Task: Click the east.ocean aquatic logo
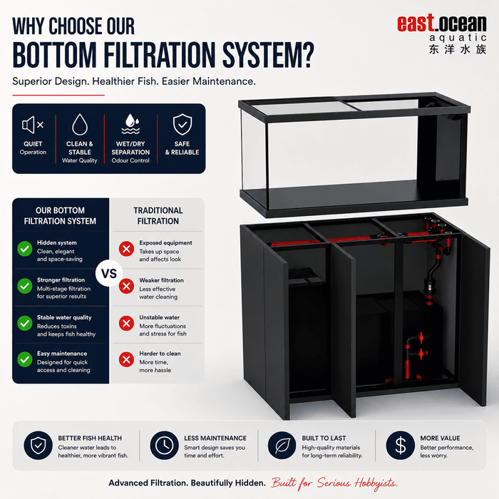tap(442, 34)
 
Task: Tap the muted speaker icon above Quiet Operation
tap(33, 125)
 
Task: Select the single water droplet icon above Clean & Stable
tap(80, 125)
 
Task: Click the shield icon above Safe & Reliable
tap(182, 125)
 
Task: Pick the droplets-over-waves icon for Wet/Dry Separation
tap(130, 124)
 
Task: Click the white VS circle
tap(109, 273)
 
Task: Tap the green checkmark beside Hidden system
tap(25, 249)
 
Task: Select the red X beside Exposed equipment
tap(126, 249)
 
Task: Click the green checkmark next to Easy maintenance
tap(25, 359)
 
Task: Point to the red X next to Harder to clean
tap(126, 359)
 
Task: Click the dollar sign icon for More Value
tap(401, 446)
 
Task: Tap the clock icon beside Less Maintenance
tap(164, 446)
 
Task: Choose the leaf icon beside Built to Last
tap(282, 446)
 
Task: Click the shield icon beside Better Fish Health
tap(38, 446)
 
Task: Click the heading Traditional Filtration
tap(158, 216)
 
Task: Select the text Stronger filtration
tap(61, 280)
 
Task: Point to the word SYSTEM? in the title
tap(268, 55)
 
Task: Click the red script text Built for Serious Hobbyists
tap(334, 483)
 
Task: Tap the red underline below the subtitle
tap(58, 95)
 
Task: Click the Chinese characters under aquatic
tap(458, 50)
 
